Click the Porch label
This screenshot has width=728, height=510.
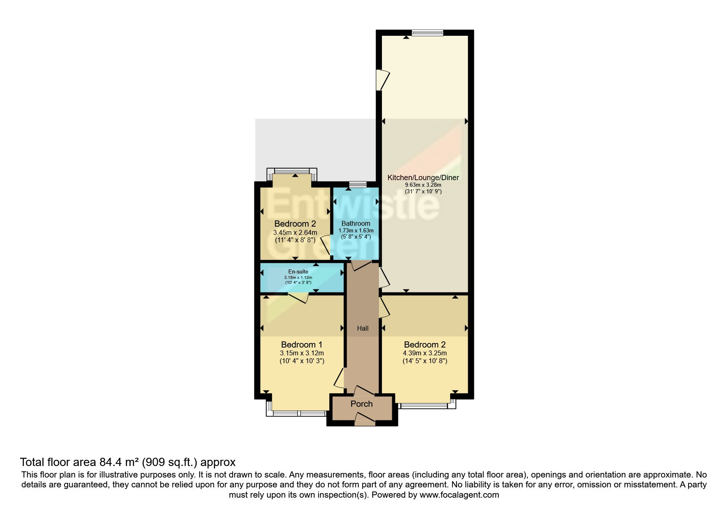[x=361, y=404]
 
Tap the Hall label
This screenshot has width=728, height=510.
[x=363, y=328]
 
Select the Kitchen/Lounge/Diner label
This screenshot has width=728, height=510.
[x=423, y=178]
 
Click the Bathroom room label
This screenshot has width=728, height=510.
[x=356, y=223]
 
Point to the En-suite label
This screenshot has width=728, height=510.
[x=298, y=271]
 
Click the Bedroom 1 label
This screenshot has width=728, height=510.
[x=301, y=345]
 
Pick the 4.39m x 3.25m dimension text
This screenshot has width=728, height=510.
[x=425, y=353]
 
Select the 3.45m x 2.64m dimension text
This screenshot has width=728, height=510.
[x=295, y=232]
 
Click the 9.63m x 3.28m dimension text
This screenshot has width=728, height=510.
[x=423, y=185]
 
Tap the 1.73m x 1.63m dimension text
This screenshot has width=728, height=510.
[x=356, y=230]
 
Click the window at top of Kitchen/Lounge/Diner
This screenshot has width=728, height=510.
[x=428, y=33]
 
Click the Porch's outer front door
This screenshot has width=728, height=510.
[x=365, y=420]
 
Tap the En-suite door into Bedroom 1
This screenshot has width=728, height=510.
[x=299, y=297]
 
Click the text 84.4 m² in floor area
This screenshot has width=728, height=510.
[x=119, y=462]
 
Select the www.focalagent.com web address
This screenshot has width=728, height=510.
[x=459, y=495]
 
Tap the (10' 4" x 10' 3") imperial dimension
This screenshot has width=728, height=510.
[x=302, y=361]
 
